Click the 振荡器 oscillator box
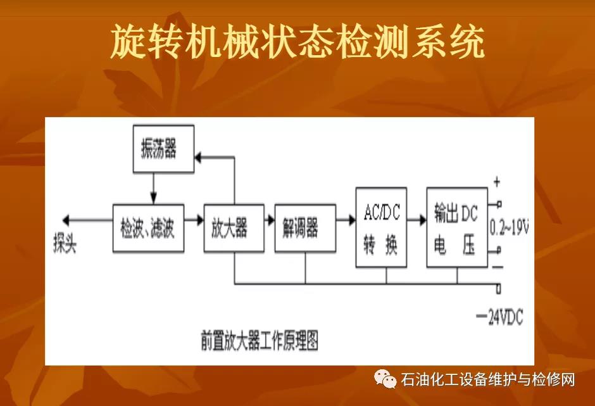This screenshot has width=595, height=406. coord(163,149)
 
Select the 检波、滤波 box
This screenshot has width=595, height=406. coord(148,228)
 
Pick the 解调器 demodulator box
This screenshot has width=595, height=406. coord(305,228)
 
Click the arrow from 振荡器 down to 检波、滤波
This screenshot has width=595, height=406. coord(153,188)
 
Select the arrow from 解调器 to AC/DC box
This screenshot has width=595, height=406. coord(346,220)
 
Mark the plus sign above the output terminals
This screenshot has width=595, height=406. coord(497,182)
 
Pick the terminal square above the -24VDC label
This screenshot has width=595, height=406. coord(499,288)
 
